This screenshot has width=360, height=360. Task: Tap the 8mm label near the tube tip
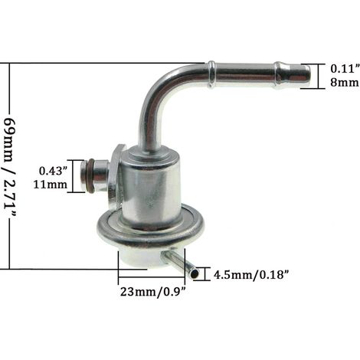[x=345, y=82]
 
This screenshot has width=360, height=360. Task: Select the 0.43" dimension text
[x=54, y=171]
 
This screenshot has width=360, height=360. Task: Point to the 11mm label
[x=51, y=185]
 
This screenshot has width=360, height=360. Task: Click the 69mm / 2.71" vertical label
[x=11, y=168]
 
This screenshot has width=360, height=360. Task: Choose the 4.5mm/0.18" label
[x=251, y=275]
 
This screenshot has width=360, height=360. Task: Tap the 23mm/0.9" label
[x=152, y=292]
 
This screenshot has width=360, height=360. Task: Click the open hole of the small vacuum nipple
[x=195, y=274]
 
